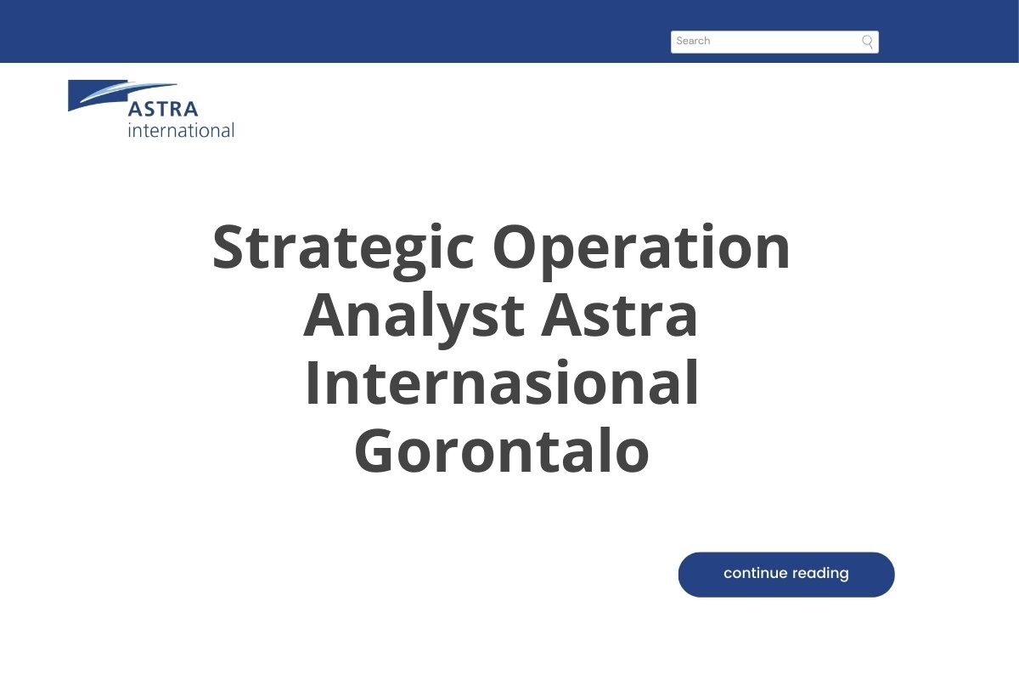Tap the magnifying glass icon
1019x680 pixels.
tap(867, 42)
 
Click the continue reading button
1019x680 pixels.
tap(785, 574)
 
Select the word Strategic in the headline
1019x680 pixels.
tap(343, 248)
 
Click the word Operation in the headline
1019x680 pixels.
tap(641, 248)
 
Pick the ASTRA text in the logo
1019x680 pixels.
tap(163, 109)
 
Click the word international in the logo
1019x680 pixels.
tap(181, 130)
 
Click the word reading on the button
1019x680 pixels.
tap(820, 574)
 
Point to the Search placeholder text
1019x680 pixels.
tap(693, 41)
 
